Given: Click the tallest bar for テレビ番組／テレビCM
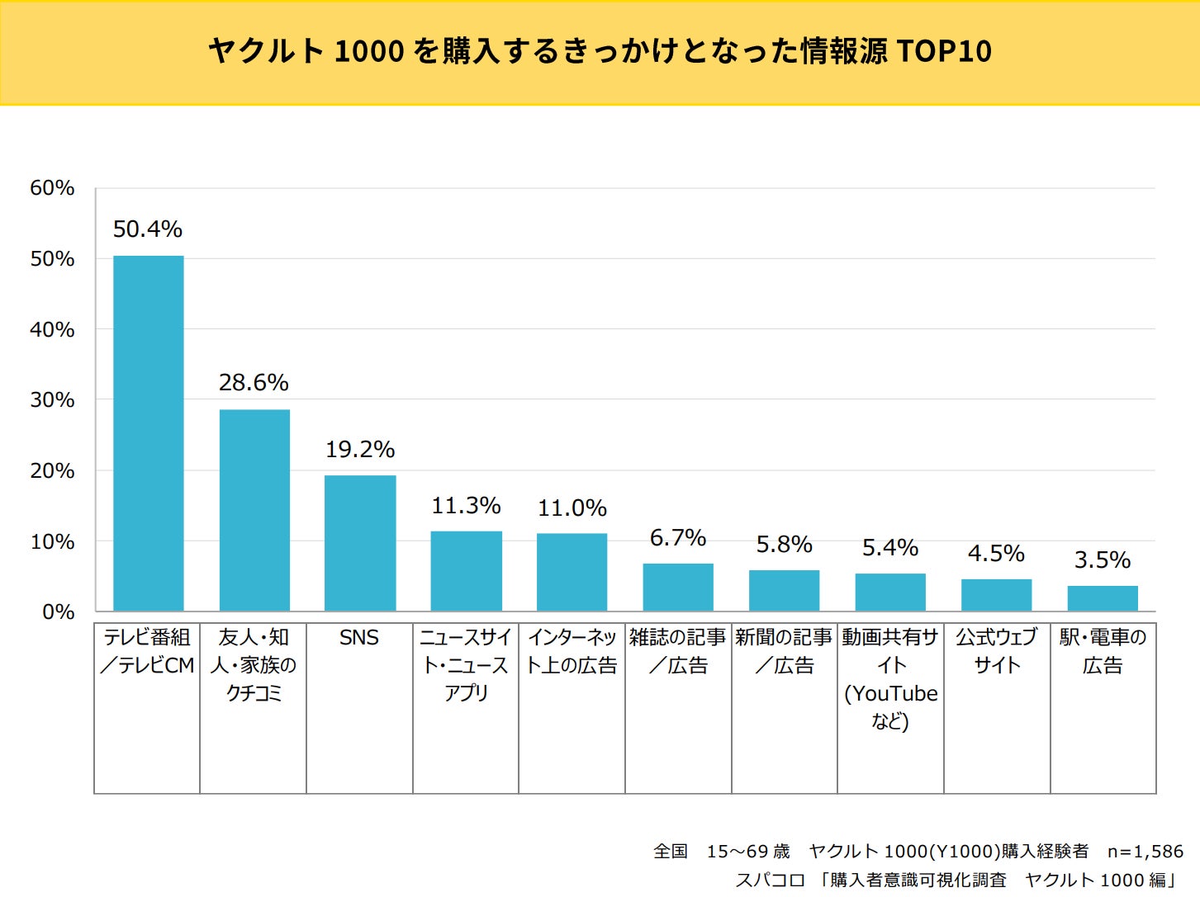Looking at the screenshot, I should [148, 433].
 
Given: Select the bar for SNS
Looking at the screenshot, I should [360, 543].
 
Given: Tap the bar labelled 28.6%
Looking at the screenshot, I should [254, 510].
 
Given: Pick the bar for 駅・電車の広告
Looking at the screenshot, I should [1103, 598].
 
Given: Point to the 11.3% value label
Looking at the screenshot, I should [466, 505].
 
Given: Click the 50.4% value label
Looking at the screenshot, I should [148, 229].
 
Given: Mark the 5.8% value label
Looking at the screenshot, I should [784, 545].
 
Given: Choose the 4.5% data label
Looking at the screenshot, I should [996, 553].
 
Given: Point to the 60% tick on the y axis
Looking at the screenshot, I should [52, 188].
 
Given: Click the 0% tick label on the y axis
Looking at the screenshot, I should [58, 612].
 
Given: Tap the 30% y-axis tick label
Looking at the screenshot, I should [52, 400].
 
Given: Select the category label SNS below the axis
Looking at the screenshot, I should [359, 638].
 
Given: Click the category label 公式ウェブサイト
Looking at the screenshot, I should [996, 651].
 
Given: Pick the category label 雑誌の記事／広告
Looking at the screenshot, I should [678, 651].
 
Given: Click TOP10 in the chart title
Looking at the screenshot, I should [943, 51].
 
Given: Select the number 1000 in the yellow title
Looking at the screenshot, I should [369, 51].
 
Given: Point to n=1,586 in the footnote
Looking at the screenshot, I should [1145, 851].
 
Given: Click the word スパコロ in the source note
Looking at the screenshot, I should [770, 880].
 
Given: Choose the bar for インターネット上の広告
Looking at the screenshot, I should [572, 572].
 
